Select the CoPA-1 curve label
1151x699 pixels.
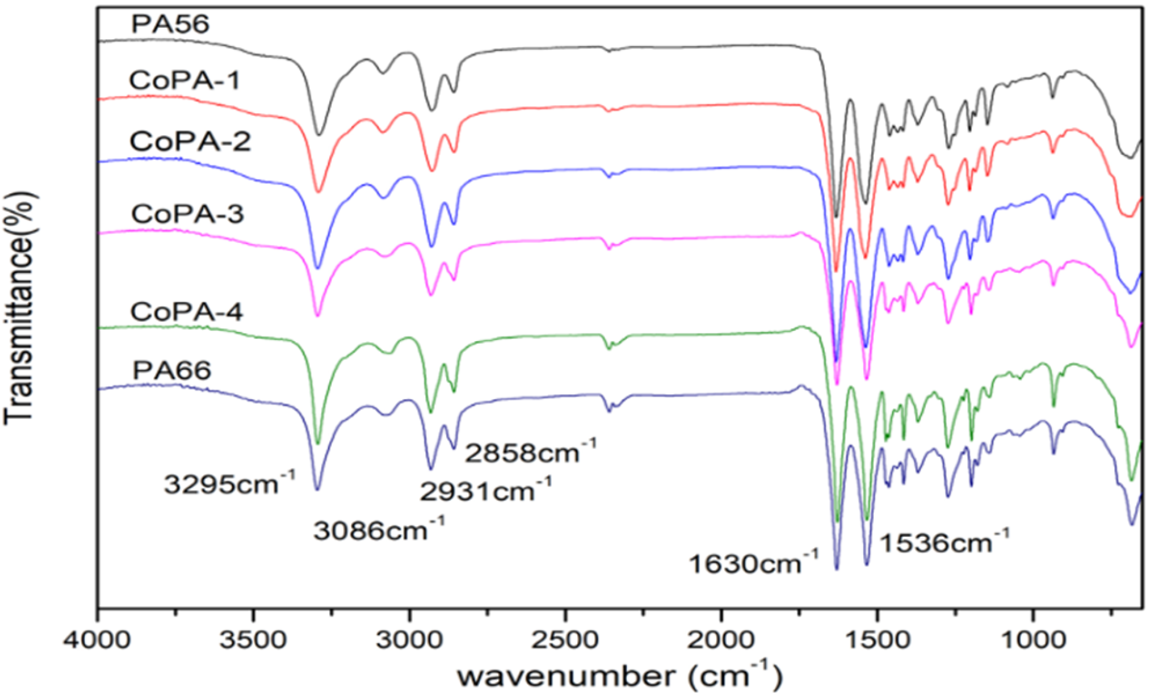(x=184, y=80)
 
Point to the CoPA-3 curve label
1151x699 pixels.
(x=187, y=213)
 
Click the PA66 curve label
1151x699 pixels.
(x=172, y=369)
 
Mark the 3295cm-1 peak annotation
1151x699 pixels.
(x=229, y=484)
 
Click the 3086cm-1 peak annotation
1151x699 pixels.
(x=379, y=529)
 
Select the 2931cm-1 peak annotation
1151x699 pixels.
(x=485, y=491)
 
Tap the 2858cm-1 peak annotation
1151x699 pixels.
(x=530, y=452)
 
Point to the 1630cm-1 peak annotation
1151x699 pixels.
(x=753, y=563)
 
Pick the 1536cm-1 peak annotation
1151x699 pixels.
(x=944, y=542)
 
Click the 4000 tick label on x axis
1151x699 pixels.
(x=97, y=640)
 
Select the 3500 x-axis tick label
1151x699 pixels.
(x=253, y=640)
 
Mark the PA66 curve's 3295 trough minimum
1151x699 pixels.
(x=317, y=489)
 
